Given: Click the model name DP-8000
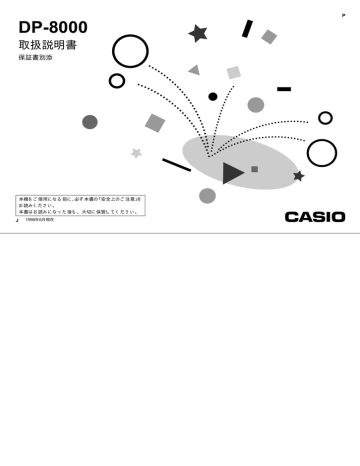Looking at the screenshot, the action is [x=53, y=27].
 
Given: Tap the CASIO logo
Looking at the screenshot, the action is [x=314, y=217].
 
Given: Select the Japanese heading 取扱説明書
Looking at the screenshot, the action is [x=48, y=46].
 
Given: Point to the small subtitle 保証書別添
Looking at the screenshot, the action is [x=35, y=59].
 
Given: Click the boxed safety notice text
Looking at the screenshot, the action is [x=79, y=205].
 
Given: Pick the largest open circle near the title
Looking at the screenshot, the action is [x=130, y=51].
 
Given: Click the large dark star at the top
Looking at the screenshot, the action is [x=198, y=33].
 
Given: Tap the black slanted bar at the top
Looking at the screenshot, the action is [x=247, y=29].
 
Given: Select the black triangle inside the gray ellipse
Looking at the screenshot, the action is [x=232, y=173].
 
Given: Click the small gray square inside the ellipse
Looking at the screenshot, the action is [x=255, y=169].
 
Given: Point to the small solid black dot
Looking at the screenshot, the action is [x=213, y=97].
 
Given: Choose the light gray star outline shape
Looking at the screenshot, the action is [x=136, y=153].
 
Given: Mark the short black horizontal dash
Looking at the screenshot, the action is [x=284, y=89].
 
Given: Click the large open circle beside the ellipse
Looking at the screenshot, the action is [x=321, y=153].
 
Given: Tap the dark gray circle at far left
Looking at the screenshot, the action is [x=90, y=122].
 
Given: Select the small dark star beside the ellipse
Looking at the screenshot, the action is [x=298, y=176].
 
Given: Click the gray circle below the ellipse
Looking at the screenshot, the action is [x=207, y=195].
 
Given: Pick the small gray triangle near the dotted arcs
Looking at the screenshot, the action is [x=194, y=71].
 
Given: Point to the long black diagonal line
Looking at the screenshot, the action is [x=176, y=165].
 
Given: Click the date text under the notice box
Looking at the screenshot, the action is [x=40, y=219].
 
